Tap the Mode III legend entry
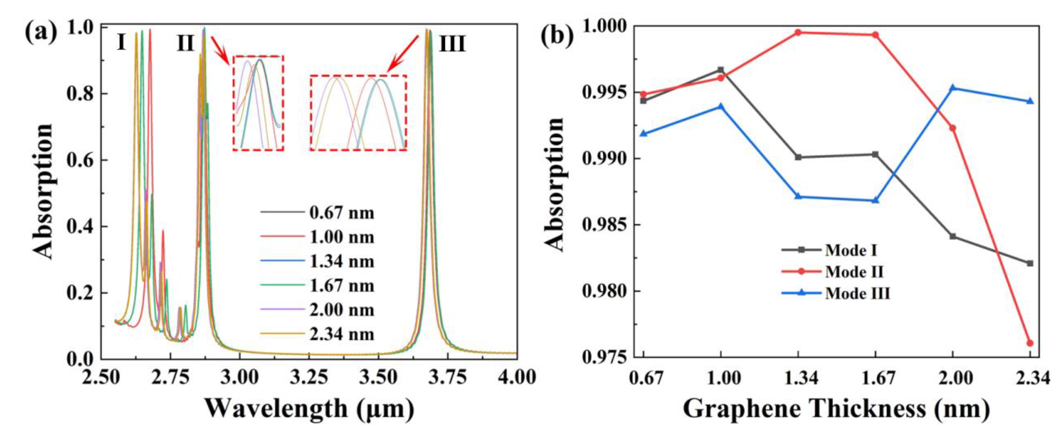click(x=857, y=293)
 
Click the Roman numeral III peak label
click(x=452, y=44)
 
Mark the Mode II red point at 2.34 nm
click(x=1030, y=343)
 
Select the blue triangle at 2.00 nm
click(x=953, y=88)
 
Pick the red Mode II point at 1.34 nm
click(x=798, y=32)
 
